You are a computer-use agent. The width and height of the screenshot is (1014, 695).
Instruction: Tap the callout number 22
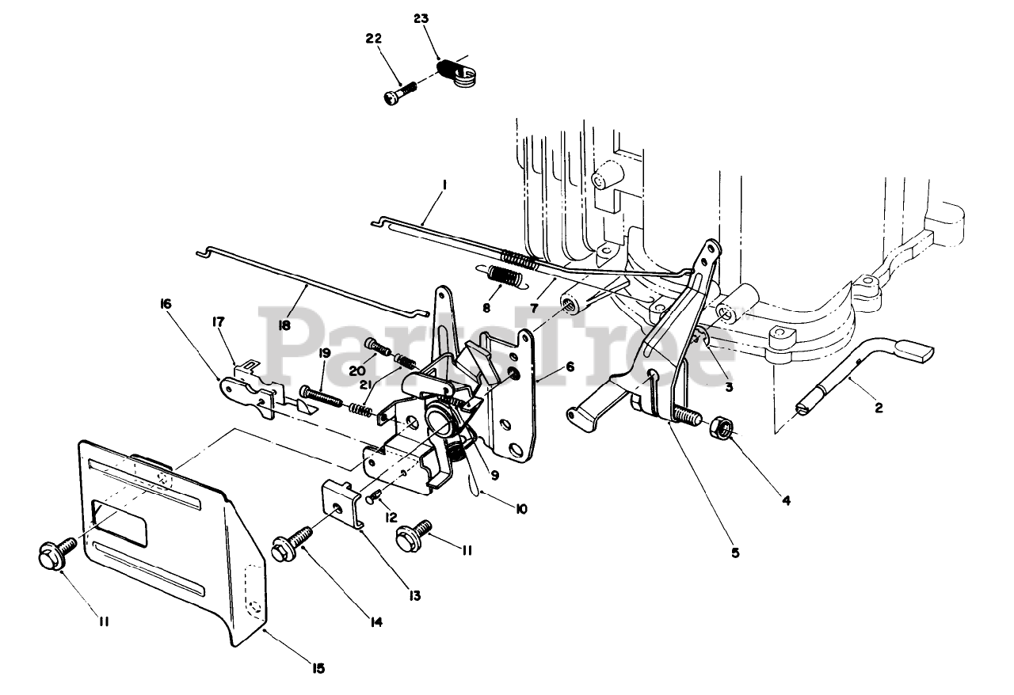tap(374, 38)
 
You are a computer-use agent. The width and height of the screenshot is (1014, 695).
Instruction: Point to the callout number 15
tap(318, 668)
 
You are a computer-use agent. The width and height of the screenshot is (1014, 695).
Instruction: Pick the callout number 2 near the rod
tap(878, 408)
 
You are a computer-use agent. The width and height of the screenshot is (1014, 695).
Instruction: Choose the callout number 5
tap(735, 553)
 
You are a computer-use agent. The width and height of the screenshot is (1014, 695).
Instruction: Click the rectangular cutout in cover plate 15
tap(120, 522)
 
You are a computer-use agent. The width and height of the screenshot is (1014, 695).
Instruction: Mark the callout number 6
tap(569, 367)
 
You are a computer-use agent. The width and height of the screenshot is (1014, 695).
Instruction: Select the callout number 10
tap(520, 508)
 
